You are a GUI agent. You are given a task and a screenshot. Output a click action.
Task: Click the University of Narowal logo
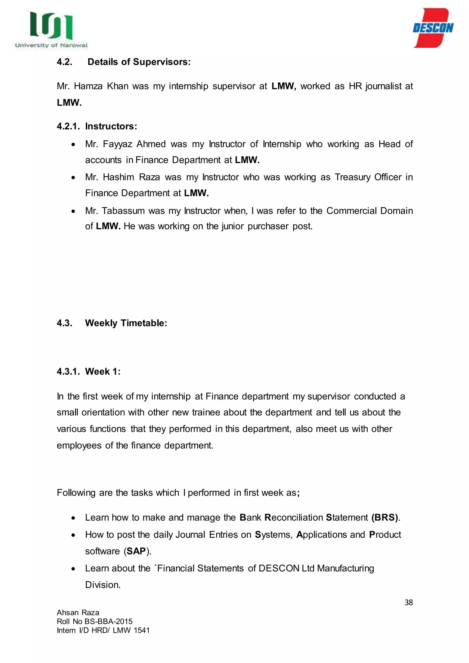[x=51, y=30]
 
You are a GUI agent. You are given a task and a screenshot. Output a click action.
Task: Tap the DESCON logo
[x=433, y=28]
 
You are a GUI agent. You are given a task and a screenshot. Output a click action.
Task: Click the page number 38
[x=408, y=602]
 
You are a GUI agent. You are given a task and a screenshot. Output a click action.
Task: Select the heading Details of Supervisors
[x=139, y=62]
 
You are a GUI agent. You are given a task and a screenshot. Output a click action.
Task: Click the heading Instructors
[x=111, y=126]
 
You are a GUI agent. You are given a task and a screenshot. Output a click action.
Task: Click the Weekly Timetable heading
[x=126, y=323]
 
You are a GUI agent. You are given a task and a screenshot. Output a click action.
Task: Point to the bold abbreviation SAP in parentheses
[x=136, y=551]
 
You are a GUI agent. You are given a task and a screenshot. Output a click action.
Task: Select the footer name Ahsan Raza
[x=78, y=612]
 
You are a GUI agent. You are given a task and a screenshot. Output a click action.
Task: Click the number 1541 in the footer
[x=142, y=630]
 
